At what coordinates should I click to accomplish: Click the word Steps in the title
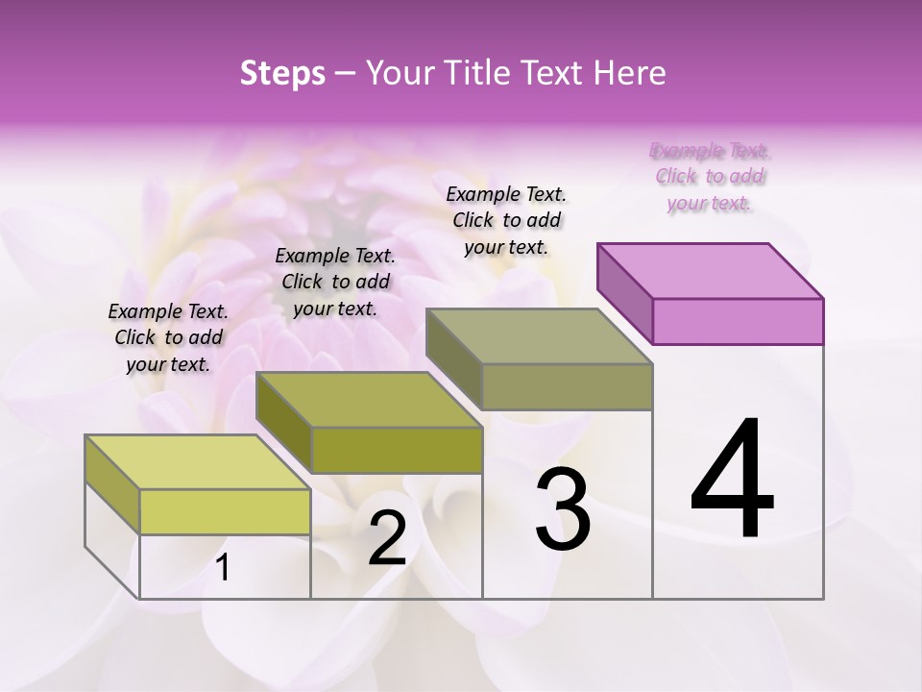[282, 73]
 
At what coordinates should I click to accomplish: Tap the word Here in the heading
[631, 73]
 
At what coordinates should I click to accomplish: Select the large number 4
[732, 481]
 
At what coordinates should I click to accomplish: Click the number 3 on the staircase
[563, 509]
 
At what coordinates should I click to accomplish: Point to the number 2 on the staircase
[387, 538]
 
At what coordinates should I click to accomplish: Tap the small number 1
[223, 568]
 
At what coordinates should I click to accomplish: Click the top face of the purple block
[711, 271]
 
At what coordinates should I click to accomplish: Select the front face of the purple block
[738, 321]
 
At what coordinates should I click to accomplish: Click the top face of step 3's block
[540, 336]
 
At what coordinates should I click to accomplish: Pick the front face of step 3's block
[567, 386]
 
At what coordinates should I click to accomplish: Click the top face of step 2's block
[369, 400]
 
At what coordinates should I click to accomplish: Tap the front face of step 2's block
[397, 450]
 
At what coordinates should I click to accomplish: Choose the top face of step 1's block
[198, 462]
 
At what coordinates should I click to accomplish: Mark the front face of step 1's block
[225, 511]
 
